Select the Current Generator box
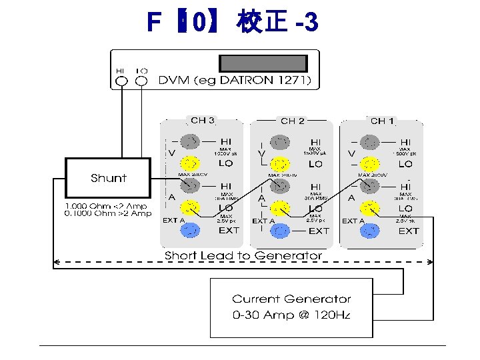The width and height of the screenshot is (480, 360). [291, 307]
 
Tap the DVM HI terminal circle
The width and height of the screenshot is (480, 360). [121, 81]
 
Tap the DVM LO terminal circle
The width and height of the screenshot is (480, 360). [141, 81]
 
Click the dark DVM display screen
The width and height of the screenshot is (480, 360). [263, 63]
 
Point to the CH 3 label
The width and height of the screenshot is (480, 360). [203, 121]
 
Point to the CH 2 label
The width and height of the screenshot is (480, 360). [293, 121]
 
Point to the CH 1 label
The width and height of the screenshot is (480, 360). [383, 121]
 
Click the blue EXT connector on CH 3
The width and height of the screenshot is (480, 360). [191, 230]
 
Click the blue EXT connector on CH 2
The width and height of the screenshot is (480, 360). [281, 230]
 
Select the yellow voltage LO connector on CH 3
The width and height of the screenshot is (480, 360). [191, 163]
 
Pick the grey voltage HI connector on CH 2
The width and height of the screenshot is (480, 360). [281, 141]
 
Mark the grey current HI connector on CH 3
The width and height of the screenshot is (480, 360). [191, 185]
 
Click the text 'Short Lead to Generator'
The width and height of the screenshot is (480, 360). [243, 255]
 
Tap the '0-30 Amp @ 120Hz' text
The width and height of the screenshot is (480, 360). [291, 314]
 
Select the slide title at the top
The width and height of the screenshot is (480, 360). [233, 23]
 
